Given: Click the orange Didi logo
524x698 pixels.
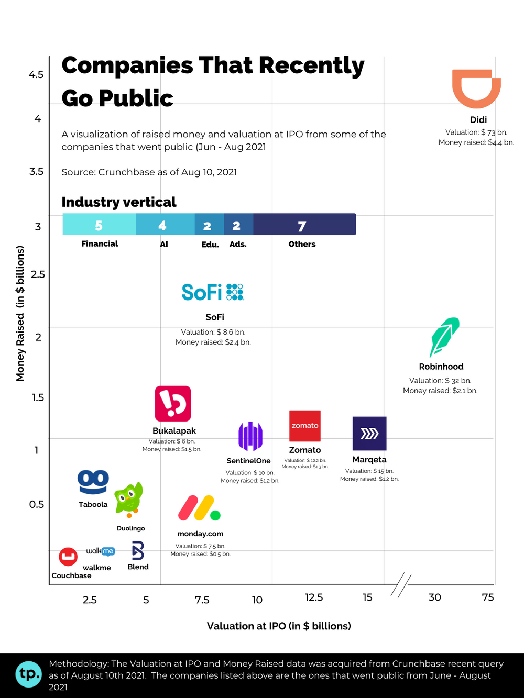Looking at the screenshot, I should [476, 88].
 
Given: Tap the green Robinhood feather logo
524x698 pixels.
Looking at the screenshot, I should [444, 336].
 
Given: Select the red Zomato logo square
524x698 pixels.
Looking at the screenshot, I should [305, 426].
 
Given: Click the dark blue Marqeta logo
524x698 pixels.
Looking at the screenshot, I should [369, 434].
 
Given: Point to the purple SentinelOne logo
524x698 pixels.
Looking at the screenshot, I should [250, 436].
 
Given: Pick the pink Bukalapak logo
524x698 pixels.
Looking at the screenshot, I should [173, 404].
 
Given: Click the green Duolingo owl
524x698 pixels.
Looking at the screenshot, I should [129, 499].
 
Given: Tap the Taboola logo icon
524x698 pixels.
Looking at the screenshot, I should [93, 482].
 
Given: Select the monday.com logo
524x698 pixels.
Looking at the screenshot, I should [199, 508].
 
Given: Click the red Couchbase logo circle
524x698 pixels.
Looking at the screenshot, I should [68, 557].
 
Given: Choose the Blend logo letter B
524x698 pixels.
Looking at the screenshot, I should [138, 551].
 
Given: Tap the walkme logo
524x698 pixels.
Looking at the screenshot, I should [100, 551].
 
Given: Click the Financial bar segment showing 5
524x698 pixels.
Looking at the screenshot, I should [99, 225].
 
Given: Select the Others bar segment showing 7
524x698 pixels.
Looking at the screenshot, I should [304, 225].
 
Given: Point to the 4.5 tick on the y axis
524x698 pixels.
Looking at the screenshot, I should [36, 75].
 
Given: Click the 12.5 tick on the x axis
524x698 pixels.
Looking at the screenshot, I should [314, 597].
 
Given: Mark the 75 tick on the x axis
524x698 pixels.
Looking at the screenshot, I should [488, 597].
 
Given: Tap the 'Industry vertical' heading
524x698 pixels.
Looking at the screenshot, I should [119, 202].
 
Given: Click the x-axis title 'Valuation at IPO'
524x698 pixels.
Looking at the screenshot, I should [279, 626].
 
